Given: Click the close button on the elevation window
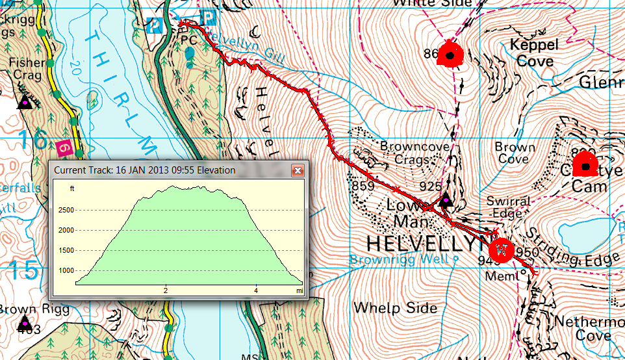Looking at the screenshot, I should [298, 171].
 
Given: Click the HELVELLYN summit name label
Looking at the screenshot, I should [426, 244].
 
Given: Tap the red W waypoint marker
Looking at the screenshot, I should [501, 250].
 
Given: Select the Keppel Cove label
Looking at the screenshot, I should [534, 53].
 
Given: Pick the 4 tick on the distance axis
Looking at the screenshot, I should [256, 290].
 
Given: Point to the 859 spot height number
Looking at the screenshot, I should [362, 185].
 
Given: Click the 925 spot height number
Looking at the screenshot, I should [430, 186].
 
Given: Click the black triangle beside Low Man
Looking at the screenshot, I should [445, 201].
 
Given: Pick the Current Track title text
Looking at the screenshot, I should [144, 170].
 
